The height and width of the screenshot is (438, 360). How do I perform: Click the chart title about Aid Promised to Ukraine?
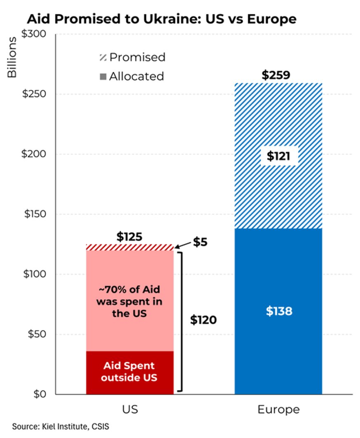[161, 19]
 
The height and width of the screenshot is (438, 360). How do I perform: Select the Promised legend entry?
[133, 57]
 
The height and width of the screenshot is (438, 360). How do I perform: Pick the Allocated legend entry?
[132, 77]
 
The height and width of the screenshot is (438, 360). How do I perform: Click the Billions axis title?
[12, 57]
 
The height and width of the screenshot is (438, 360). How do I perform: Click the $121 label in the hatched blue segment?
[278, 157]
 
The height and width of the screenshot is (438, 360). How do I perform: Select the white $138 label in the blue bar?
[278, 312]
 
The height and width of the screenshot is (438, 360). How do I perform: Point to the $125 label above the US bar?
[129, 237]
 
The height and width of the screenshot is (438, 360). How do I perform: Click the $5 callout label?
[200, 242]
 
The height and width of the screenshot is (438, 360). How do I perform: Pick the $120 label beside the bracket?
[203, 320]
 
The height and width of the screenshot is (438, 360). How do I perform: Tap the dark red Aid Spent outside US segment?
[129, 372]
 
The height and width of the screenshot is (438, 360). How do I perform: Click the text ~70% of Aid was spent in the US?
[129, 302]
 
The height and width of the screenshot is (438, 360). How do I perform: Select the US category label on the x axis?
[130, 410]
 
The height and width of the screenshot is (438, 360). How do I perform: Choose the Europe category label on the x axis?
[278, 410]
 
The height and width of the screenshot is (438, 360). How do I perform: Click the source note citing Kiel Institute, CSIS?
[61, 426]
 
